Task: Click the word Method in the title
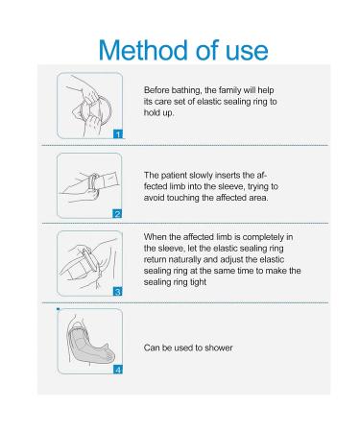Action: [x=144, y=50]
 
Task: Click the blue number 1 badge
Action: [x=118, y=134]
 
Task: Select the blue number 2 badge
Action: [x=118, y=214]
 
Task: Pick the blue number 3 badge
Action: [x=118, y=292]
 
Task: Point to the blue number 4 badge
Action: [x=118, y=370]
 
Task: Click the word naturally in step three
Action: [x=184, y=259]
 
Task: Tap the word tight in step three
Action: [x=199, y=282]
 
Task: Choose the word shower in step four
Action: [x=219, y=348]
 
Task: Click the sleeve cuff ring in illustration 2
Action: [x=94, y=183]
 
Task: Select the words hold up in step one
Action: [x=158, y=113]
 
